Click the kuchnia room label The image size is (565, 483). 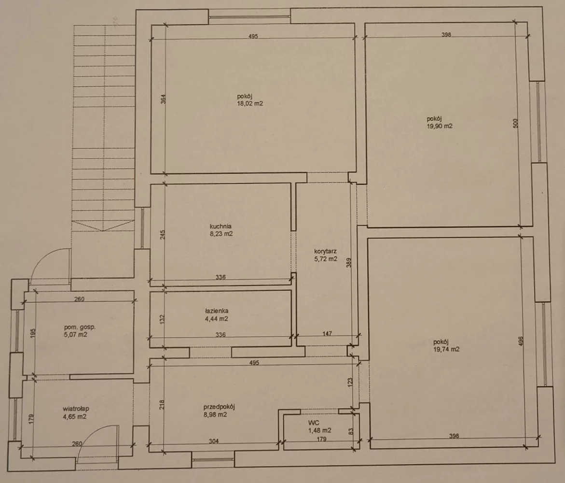(x=220, y=227)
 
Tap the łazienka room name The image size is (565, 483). (x=216, y=311)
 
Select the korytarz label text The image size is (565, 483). (x=325, y=252)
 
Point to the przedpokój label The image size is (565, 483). (x=219, y=407)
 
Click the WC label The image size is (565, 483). (x=314, y=423)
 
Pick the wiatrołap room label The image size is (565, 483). (x=76, y=409)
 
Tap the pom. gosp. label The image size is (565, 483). (x=80, y=327)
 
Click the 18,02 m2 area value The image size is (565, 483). (x=250, y=103)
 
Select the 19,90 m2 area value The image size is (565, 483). (x=440, y=126)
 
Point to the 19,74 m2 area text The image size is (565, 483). (x=446, y=349)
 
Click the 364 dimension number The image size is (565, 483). (x=163, y=99)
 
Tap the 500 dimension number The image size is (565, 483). (x=515, y=123)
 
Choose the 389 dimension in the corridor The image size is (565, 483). (x=348, y=262)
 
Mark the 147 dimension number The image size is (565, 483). (x=327, y=334)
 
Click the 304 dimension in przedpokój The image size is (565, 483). (x=214, y=441)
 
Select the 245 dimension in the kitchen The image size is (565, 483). (x=163, y=235)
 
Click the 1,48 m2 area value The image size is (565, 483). (x=319, y=430)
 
